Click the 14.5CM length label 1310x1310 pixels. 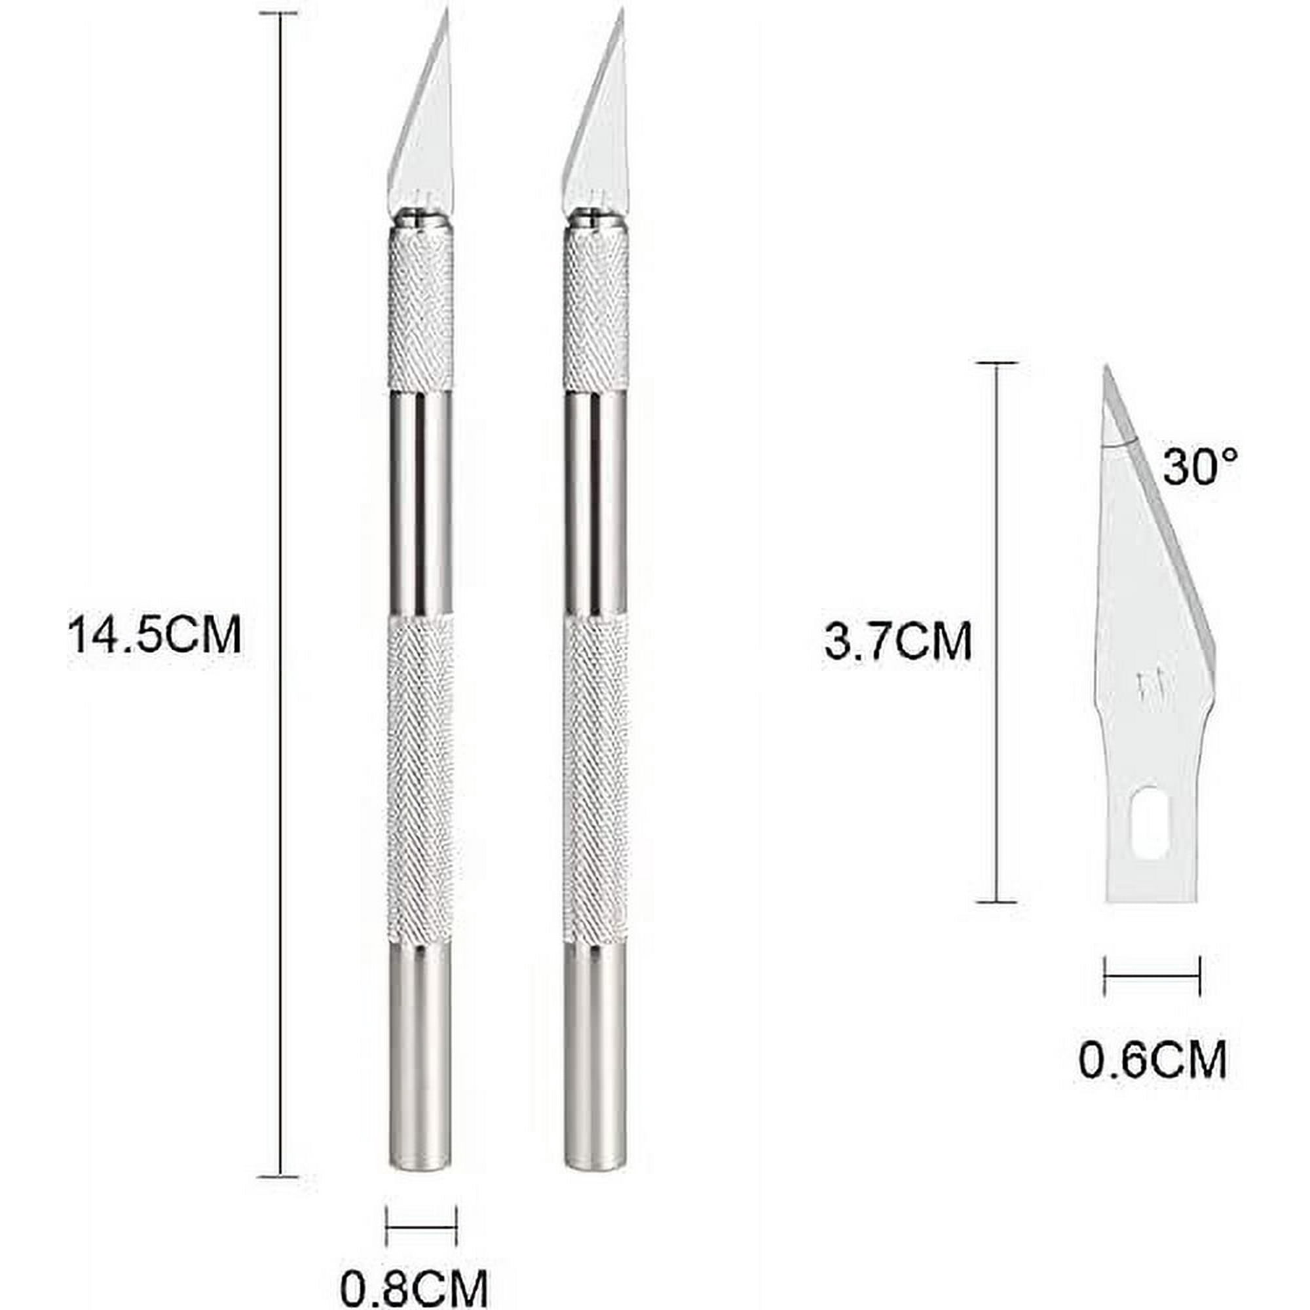pos(155,635)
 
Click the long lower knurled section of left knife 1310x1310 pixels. pos(421,779)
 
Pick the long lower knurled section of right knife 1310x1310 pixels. pos(595,779)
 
